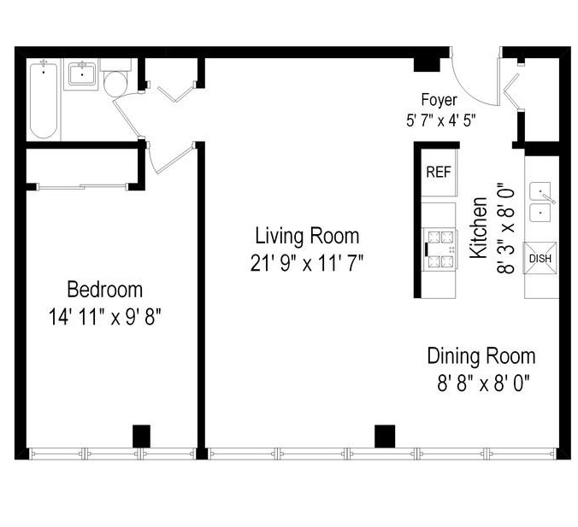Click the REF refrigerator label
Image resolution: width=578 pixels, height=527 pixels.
click(438, 172)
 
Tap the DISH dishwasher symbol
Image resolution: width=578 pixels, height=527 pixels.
click(540, 258)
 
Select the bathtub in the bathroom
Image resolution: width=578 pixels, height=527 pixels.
click(43, 100)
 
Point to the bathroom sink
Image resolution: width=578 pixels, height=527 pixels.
click(83, 75)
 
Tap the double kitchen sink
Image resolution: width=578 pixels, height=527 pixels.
click(540, 202)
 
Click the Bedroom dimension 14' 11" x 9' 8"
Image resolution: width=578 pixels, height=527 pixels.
click(105, 316)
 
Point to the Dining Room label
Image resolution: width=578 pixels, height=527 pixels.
click(481, 355)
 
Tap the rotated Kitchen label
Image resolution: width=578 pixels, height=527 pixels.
click(480, 228)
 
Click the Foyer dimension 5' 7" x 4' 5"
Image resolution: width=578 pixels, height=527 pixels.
click(440, 120)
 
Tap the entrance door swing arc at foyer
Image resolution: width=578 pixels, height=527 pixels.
click(469, 81)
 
